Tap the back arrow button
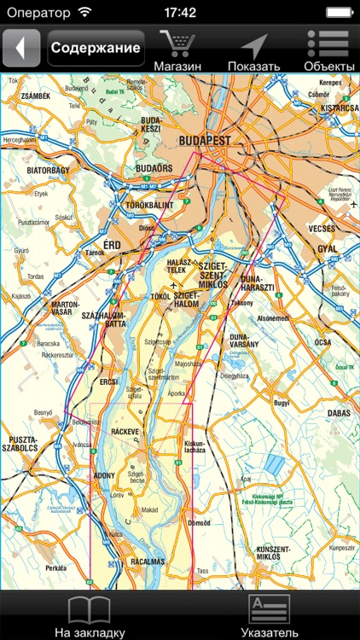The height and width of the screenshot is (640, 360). (x=21, y=48)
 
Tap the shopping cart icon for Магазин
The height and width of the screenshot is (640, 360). (x=177, y=44)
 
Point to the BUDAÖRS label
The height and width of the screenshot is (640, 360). (x=155, y=169)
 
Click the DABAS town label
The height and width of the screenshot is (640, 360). (x=339, y=413)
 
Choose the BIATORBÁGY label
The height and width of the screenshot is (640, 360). (x=49, y=170)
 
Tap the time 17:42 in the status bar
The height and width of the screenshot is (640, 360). (x=180, y=13)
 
